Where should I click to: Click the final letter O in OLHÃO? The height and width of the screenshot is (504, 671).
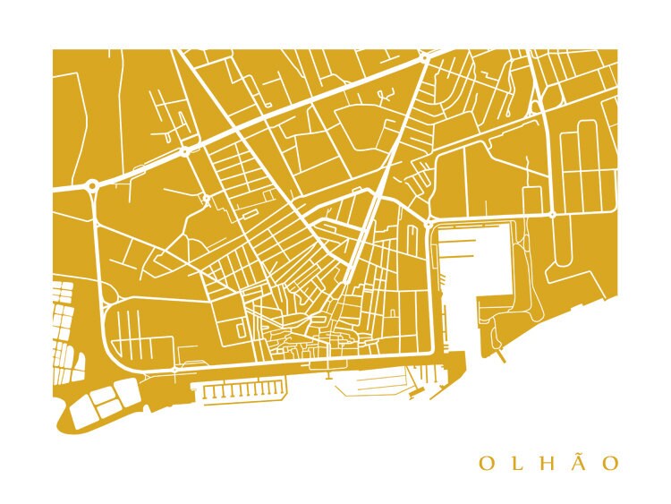[x=609, y=464]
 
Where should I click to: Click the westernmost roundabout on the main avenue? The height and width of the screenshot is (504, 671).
[x=91, y=185]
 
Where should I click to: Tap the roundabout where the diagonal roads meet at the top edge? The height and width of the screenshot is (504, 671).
[x=424, y=58]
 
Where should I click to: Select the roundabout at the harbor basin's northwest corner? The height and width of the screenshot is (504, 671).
[x=429, y=221]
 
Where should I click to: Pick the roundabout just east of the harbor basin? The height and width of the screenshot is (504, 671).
[x=552, y=216]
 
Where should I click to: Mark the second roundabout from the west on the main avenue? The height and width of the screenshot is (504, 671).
[x=185, y=150]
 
